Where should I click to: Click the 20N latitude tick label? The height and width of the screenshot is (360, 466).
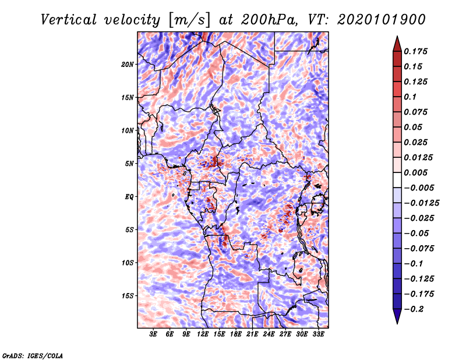(x=128, y=65)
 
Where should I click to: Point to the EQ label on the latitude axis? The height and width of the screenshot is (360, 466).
(x=129, y=197)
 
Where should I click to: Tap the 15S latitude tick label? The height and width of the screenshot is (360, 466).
(x=128, y=296)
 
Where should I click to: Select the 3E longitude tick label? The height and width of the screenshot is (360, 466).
(x=153, y=334)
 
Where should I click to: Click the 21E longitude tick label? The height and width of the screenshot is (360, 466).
(x=252, y=334)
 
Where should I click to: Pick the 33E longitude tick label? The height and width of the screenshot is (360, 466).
(x=318, y=334)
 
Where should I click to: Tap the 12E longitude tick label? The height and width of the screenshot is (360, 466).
(x=203, y=334)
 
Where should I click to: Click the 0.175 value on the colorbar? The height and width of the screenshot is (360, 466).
(x=415, y=51)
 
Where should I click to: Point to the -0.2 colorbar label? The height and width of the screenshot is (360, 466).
(x=414, y=309)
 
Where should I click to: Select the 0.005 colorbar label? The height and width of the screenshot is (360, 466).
(x=415, y=172)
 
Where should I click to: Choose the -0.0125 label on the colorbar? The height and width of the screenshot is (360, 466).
(x=421, y=203)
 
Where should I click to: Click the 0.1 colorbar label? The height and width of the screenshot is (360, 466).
(x=410, y=97)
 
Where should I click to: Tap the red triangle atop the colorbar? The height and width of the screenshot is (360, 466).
(x=397, y=44)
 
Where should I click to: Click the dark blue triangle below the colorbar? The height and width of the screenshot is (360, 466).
(x=397, y=316)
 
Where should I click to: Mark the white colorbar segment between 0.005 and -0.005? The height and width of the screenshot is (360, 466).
(x=397, y=180)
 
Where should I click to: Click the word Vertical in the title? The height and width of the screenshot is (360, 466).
(x=69, y=20)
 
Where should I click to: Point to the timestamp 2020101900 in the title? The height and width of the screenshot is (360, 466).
(x=382, y=20)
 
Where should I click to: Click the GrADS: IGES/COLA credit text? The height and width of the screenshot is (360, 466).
(x=33, y=355)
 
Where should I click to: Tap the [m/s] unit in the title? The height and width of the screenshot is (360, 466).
(x=189, y=20)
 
